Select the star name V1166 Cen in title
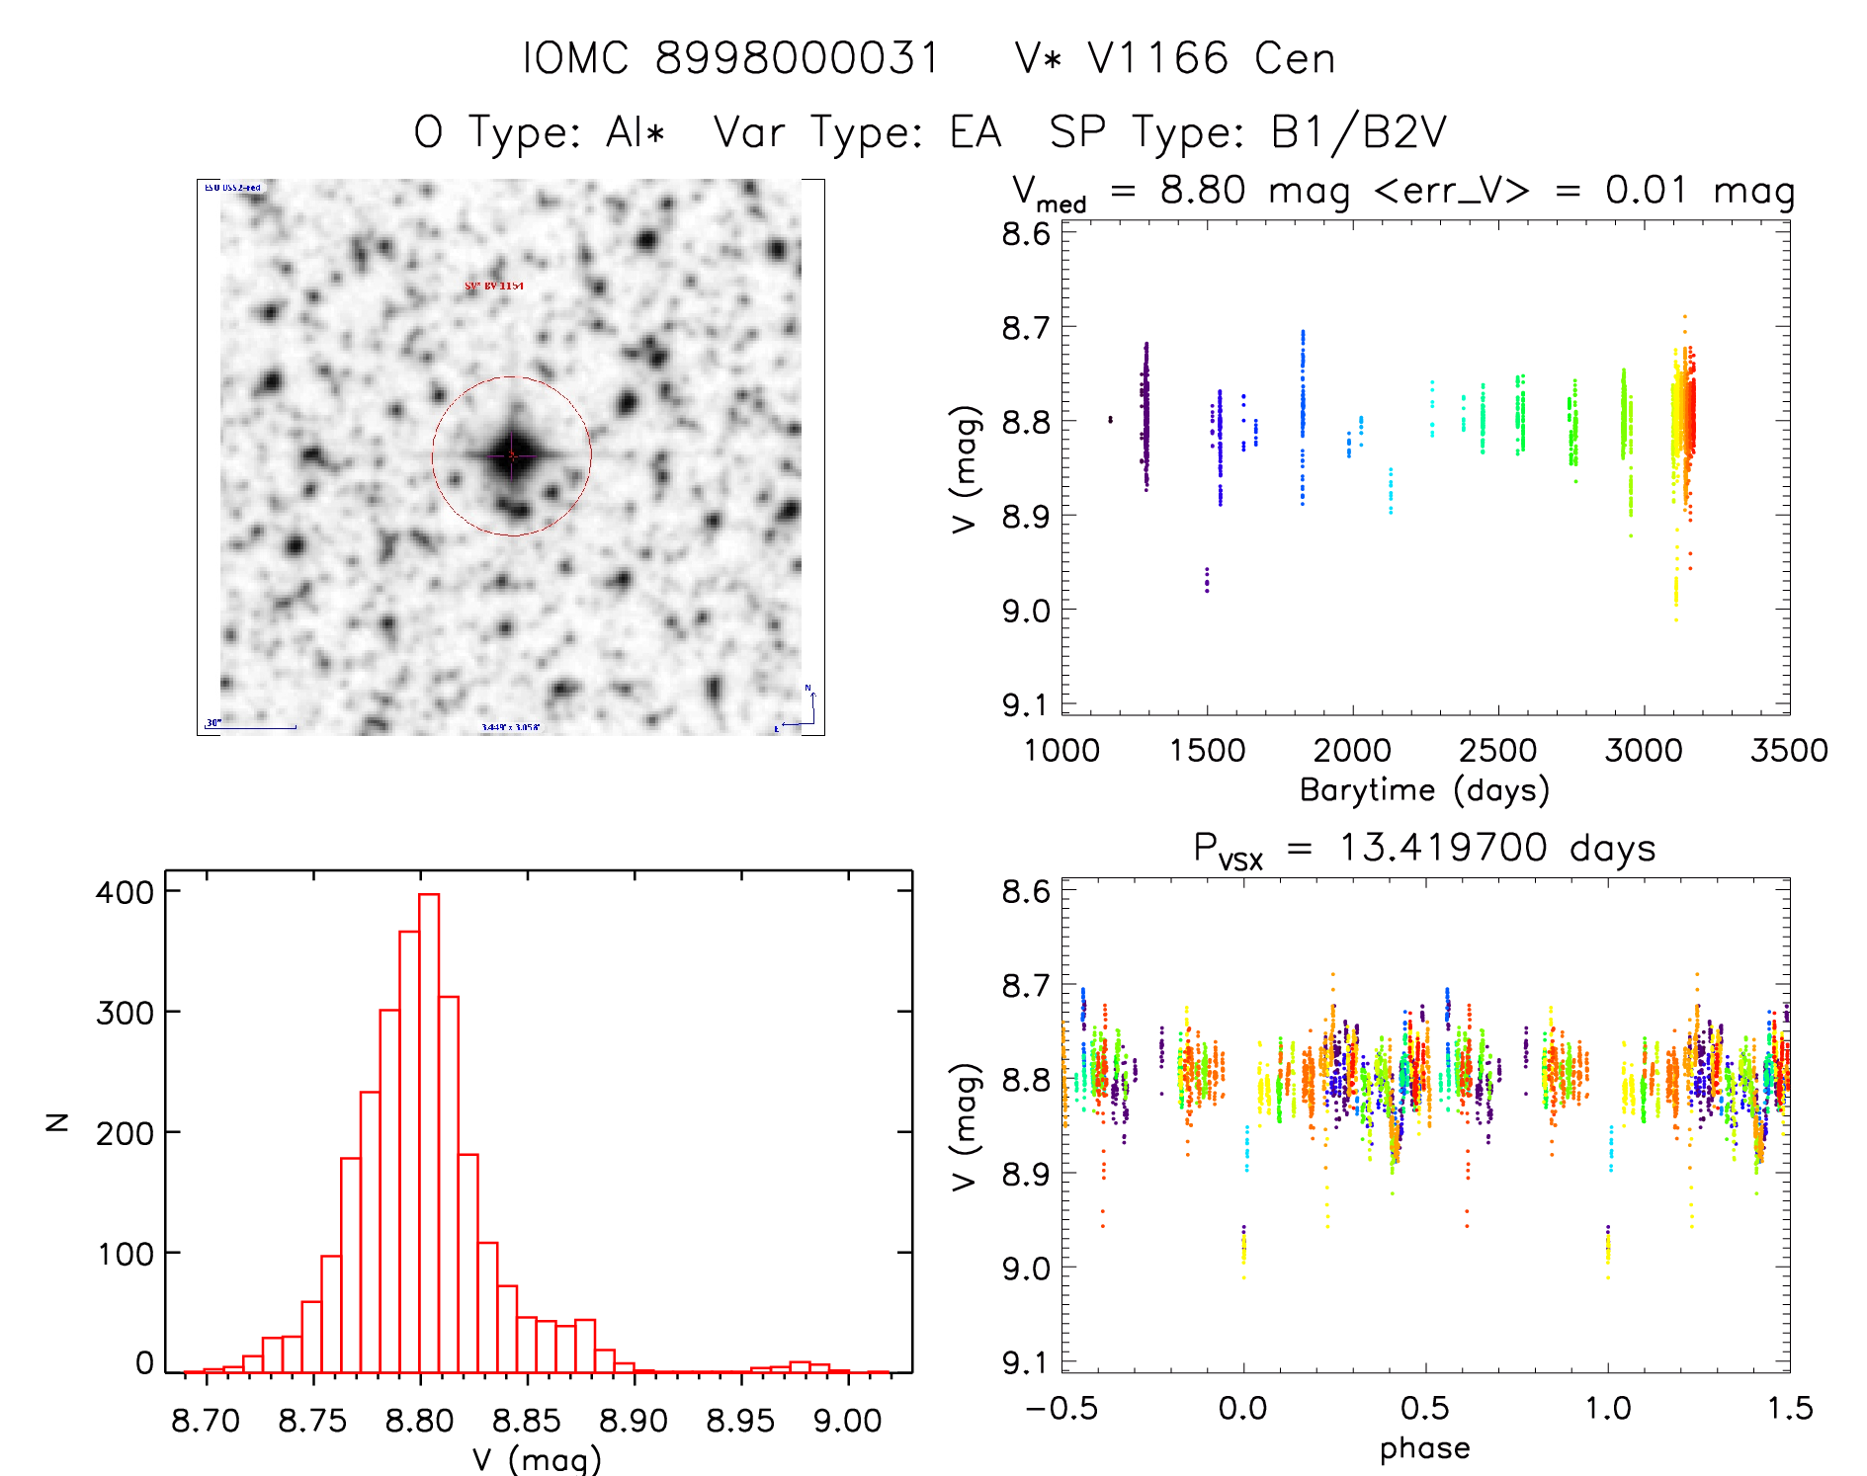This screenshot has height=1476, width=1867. coord(1175,58)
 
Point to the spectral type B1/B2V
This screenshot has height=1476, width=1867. coord(1358,132)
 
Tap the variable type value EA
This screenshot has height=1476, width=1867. coord(975,132)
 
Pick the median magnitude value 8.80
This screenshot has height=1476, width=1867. coord(1202,190)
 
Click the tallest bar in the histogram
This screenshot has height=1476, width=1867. coord(429,1132)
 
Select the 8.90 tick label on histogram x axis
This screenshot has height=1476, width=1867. coord(634,1421)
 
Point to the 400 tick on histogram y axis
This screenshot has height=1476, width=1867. coord(125,892)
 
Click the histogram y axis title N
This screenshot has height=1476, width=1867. coord(58,1121)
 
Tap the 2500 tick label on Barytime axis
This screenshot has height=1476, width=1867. coord(1497,750)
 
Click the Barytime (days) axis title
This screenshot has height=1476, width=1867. coord(1424,790)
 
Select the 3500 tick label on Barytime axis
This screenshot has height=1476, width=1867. coord(1788,750)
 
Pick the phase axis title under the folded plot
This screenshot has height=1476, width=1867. coord(1424,1448)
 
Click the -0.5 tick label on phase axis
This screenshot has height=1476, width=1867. coord(1061,1408)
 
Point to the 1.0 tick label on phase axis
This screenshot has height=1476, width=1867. coord(1607,1408)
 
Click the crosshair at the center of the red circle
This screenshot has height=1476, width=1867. coord(511,455)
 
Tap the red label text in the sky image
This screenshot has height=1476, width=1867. coord(494,286)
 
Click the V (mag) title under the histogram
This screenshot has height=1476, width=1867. coord(537,1458)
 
